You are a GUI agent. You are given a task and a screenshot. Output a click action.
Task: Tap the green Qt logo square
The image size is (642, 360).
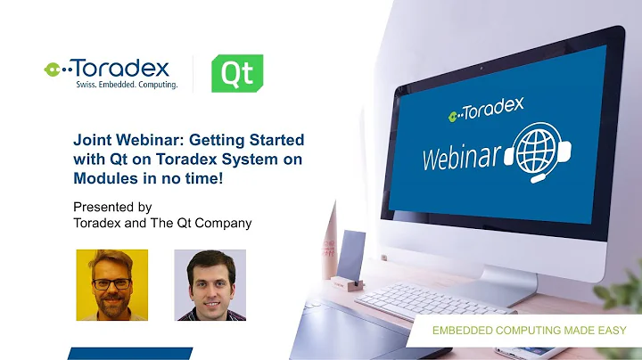(236, 73)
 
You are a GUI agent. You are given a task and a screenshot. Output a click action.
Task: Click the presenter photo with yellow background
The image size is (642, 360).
(111, 284)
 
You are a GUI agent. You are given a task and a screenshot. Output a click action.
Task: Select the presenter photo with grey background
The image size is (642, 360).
(210, 284)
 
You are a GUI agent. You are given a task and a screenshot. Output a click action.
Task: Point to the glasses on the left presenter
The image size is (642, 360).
(111, 282)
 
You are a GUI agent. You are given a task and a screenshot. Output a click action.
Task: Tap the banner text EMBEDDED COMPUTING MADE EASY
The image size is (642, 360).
(530, 331)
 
